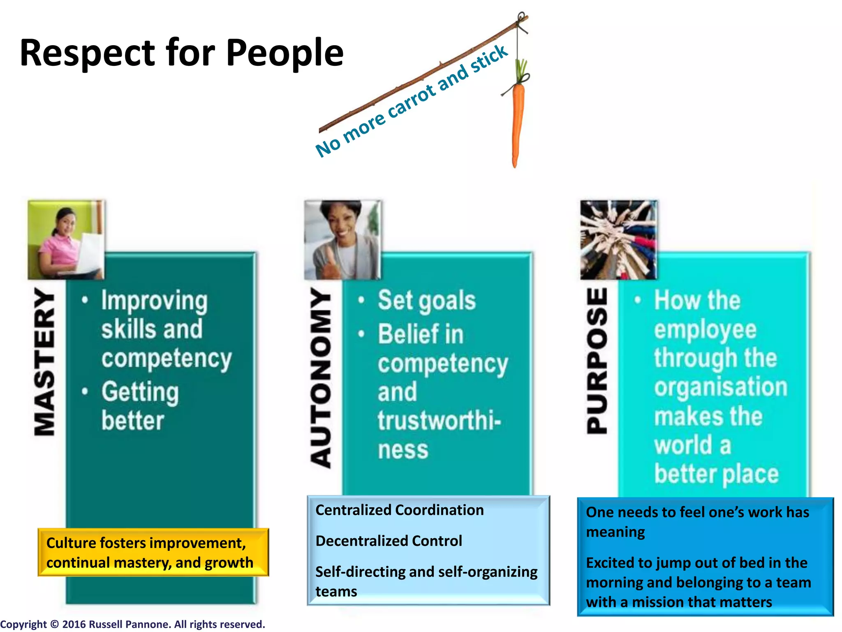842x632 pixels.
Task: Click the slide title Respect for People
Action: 181,53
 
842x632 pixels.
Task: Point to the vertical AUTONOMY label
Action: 321,378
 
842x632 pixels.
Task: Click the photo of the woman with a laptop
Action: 66,240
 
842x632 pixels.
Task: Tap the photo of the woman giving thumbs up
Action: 342,240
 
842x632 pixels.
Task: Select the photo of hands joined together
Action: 618,240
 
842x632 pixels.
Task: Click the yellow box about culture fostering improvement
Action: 153,552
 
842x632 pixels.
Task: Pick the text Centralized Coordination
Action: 399,510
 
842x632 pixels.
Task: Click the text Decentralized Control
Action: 389,541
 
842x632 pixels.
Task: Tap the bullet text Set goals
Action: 426,300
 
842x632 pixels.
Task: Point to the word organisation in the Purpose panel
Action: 720,387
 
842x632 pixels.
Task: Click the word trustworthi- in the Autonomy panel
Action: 439,421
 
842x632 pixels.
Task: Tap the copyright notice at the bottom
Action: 132,624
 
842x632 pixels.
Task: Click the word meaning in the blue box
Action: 615,532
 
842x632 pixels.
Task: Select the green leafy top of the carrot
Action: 522,70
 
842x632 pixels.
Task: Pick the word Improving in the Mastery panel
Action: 155,301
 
